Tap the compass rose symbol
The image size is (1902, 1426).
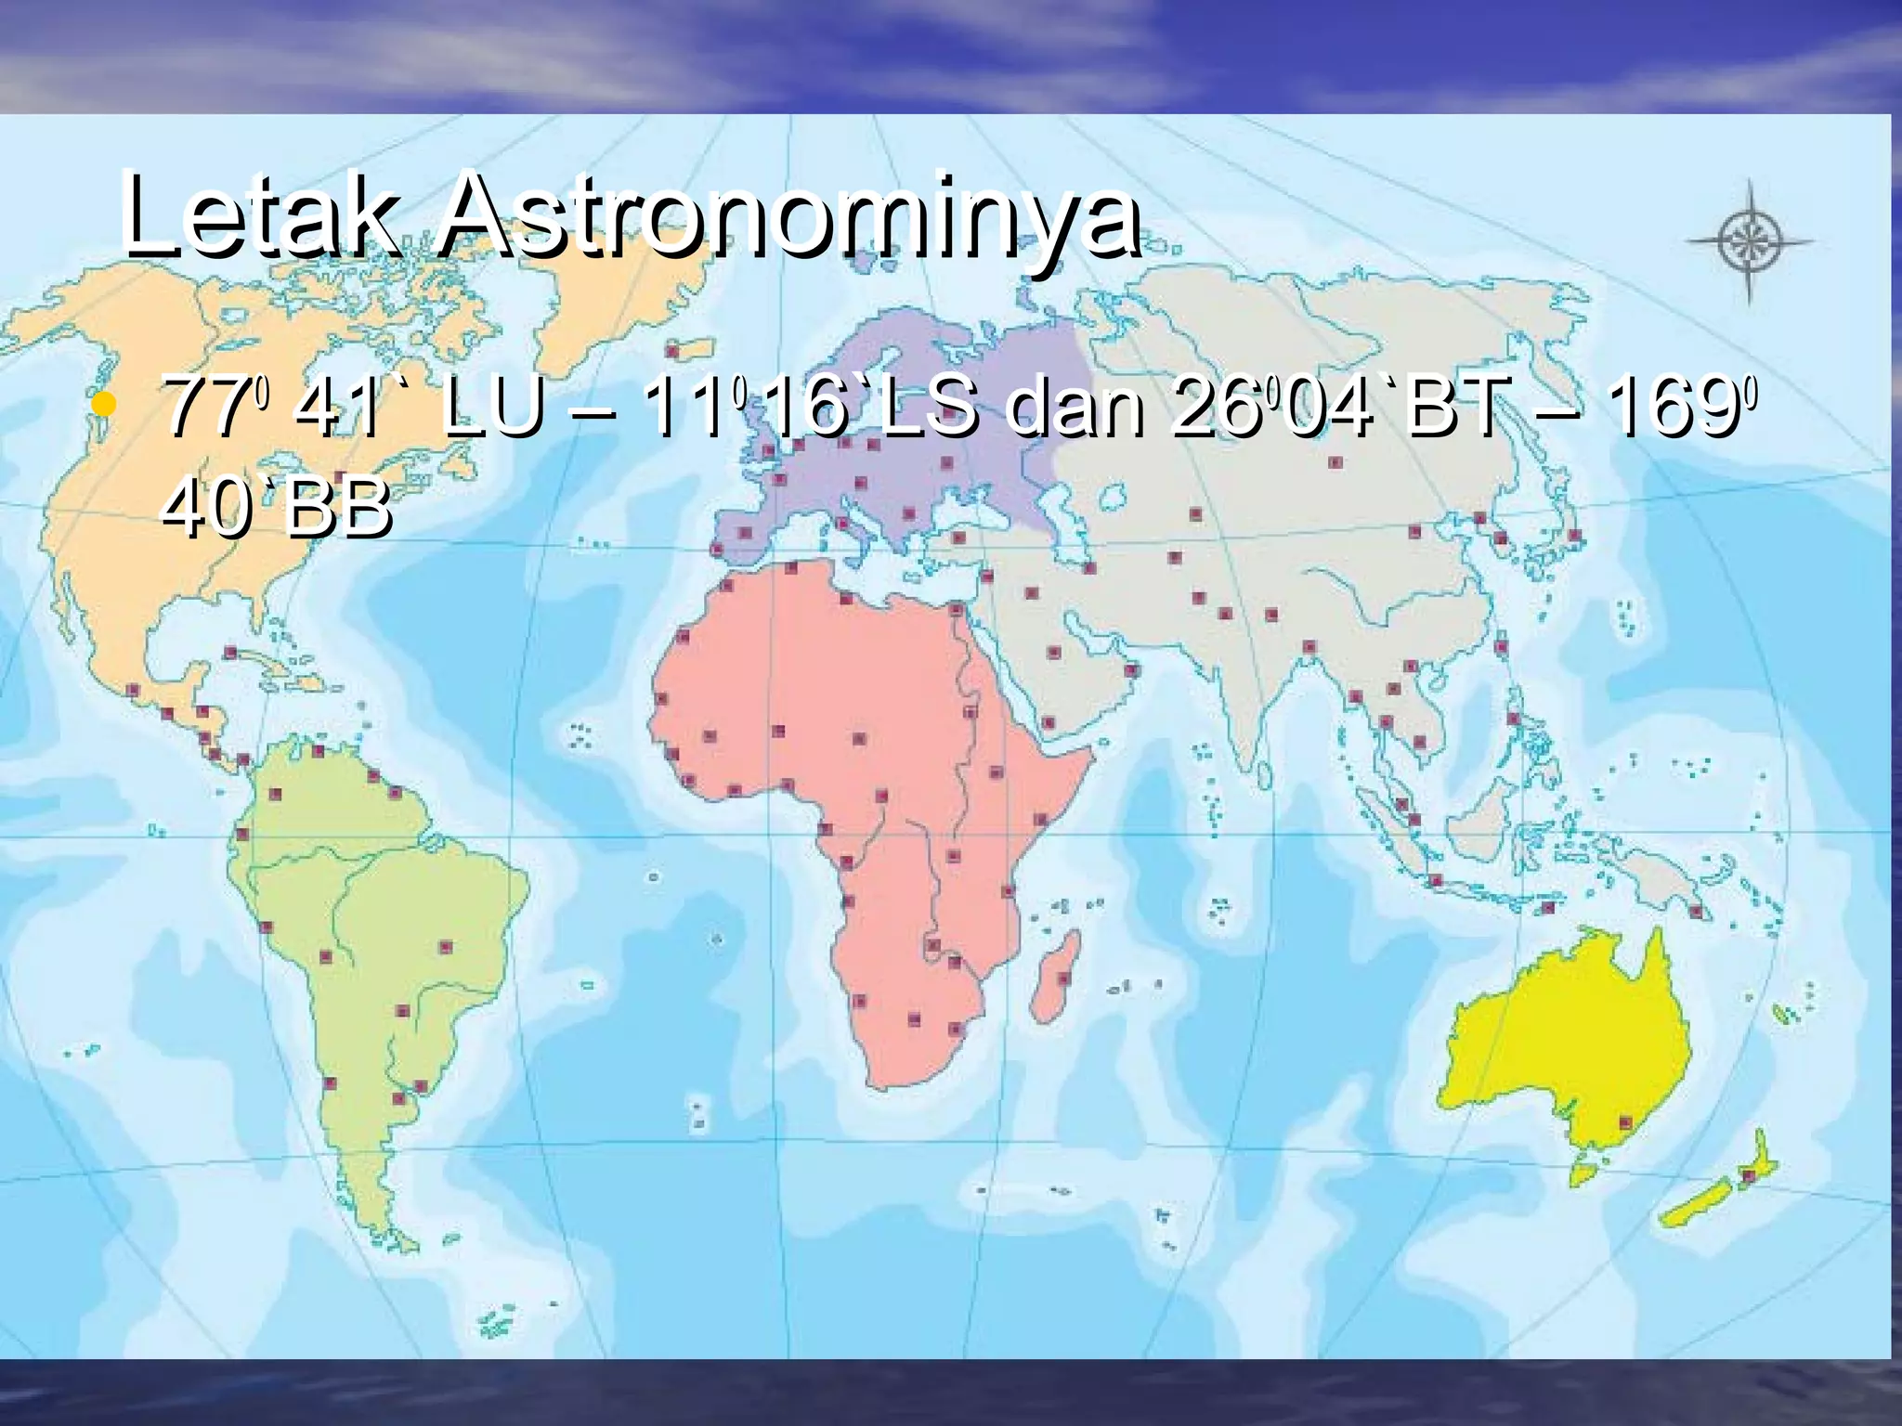[1749, 240]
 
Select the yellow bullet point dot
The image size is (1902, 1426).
[105, 406]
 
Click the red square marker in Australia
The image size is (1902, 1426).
[1625, 1122]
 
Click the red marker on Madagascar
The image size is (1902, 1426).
[1064, 978]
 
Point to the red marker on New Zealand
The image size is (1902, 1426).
[1747, 1176]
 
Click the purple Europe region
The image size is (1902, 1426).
[929, 390]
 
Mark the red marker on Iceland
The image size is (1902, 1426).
[671, 352]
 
